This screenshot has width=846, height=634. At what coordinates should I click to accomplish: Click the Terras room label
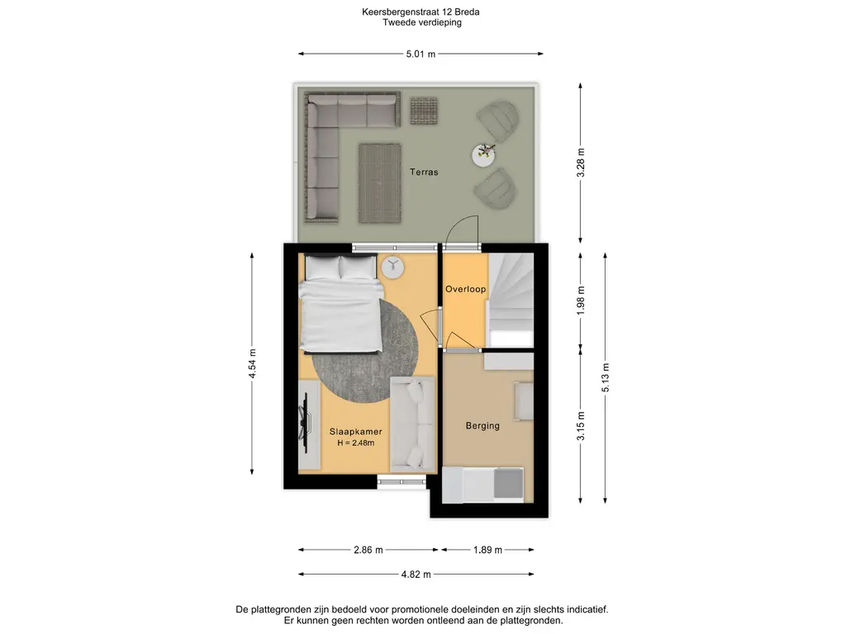click(x=424, y=172)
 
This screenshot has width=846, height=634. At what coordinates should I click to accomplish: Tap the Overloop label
click(x=465, y=289)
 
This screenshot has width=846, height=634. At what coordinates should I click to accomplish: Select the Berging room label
click(x=482, y=426)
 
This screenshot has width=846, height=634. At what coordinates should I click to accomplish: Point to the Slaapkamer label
click(x=355, y=431)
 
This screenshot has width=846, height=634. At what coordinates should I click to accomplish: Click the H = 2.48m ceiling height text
click(x=355, y=443)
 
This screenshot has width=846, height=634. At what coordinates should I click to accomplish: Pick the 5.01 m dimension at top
click(x=421, y=54)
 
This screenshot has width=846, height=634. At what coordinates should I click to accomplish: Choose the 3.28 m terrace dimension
click(x=581, y=163)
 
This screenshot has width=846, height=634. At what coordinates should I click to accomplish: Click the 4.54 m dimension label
click(x=252, y=363)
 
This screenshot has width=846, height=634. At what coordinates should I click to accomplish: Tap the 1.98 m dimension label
click(x=581, y=300)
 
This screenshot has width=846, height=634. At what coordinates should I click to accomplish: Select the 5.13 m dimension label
click(x=606, y=378)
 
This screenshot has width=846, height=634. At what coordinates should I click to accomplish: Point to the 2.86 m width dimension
click(x=368, y=550)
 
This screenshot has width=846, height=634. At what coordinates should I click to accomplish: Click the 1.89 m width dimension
click(x=487, y=550)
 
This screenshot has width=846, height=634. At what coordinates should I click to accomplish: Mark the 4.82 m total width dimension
click(x=416, y=575)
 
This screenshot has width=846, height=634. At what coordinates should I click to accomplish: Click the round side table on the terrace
click(x=483, y=155)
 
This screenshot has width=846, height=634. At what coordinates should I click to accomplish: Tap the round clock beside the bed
click(x=392, y=267)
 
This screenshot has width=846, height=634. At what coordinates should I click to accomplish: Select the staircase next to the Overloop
click(x=511, y=300)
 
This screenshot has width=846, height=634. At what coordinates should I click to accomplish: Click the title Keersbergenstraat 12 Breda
click(x=421, y=12)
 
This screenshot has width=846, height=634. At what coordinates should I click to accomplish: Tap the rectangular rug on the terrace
click(x=380, y=182)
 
